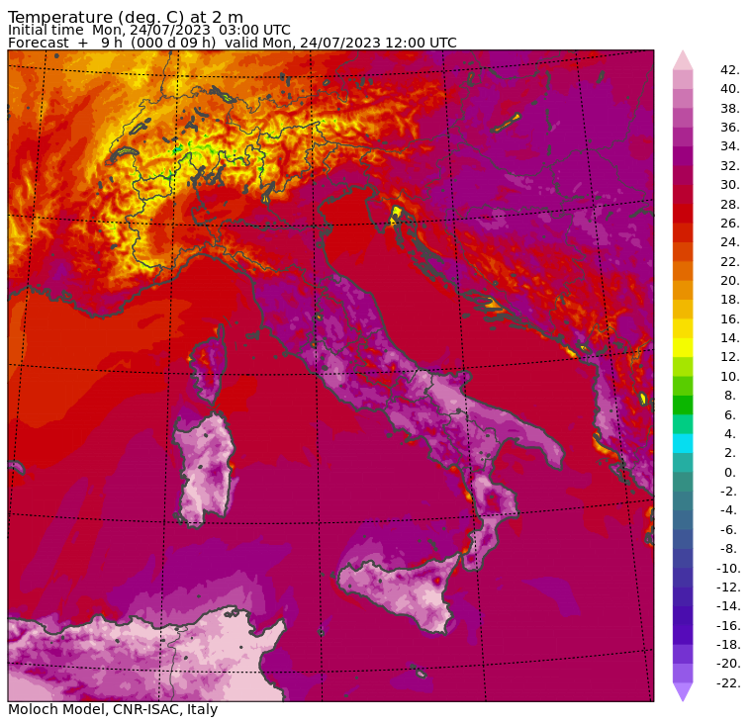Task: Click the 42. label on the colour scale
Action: click(729, 70)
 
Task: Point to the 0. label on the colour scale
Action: click(729, 472)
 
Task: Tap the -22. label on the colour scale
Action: click(727, 682)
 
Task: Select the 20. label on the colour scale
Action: click(729, 281)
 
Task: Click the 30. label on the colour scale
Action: click(729, 185)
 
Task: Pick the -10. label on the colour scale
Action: click(727, 568)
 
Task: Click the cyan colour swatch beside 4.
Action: click(683, 443)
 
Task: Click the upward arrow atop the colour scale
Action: click(683, 59)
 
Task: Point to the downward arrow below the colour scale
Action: click(683, 691)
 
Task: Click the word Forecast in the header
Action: click(39, 43)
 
